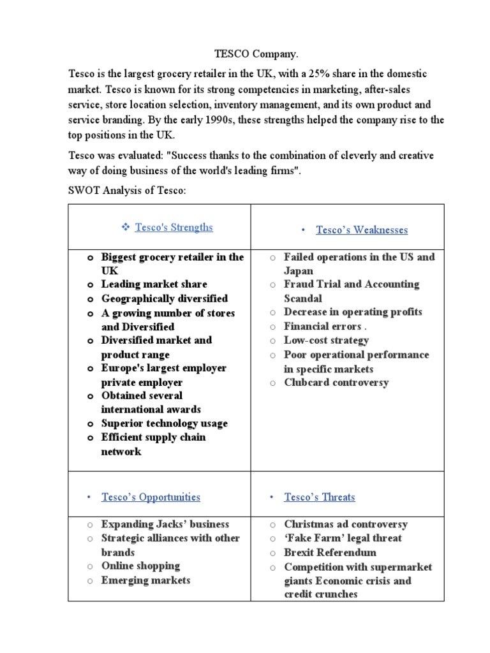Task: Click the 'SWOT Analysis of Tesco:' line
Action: pos(127,191)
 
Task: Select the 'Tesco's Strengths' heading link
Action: pos(174,228)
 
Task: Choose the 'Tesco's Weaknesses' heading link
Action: pos(361,230)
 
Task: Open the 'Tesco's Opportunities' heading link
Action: pos(151,497)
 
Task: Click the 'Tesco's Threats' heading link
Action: pos(319,497)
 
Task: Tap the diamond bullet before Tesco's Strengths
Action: pos(125,228)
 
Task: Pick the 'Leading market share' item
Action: pos(154,284)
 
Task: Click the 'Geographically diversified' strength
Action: pos(164,298)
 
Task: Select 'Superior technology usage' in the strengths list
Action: pos(164,423)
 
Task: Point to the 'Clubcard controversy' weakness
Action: pos(336,383)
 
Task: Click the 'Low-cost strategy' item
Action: pos(326,341)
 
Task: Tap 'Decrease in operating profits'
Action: pos(353,312)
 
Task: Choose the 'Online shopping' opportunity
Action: pos(140,566)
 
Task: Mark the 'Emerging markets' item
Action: pos(145,580)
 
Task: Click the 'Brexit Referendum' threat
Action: pos(330,552)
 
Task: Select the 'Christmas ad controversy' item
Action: pos(346,524)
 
